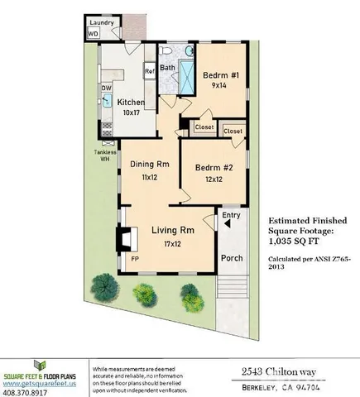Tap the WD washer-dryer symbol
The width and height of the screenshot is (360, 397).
94,35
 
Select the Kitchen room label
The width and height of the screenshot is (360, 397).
130,103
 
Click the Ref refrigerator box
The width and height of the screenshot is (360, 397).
150,72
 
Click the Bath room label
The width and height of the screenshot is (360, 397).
167,68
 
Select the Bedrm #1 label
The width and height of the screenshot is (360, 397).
221,75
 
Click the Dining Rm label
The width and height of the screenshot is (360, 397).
150,163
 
